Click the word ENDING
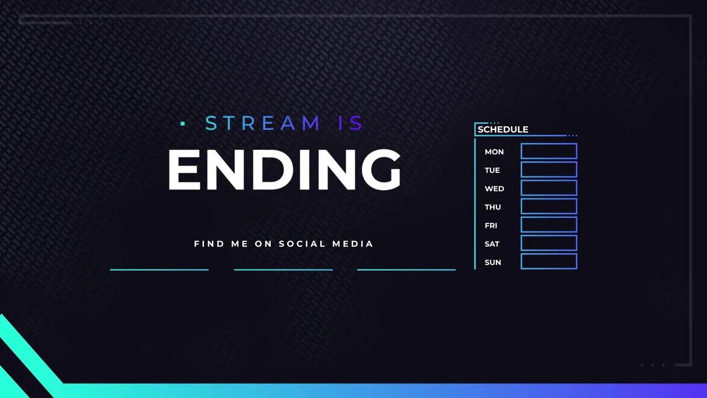284,169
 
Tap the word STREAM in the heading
262,123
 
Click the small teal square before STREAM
182,123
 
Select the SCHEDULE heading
503,129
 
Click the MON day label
494,152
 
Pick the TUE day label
492,170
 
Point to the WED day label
494,188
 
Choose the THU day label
493,207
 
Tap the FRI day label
491,226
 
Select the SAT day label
492,244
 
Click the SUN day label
493,263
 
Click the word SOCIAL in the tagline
298,244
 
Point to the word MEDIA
352,244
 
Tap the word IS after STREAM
350,123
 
